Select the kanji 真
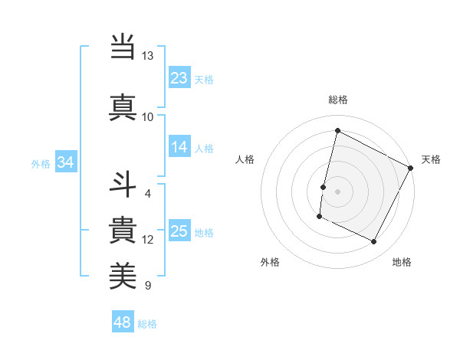click(123, 107)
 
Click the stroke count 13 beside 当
click(148, 56)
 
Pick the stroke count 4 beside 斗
click(148, 193)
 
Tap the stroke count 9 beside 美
click(148, 286)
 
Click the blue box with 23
click(179, 77)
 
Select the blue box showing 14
click(179, 147)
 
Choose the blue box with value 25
click(179, 231)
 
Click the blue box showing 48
click(123, 322)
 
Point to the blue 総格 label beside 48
click(148, 324)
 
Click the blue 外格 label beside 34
click(41, 163)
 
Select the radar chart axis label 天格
click(431, 159)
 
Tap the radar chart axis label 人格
click(245, 159)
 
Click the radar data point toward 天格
click(411, 168)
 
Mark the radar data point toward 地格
click(374, 242)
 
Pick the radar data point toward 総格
click(337, 131)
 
